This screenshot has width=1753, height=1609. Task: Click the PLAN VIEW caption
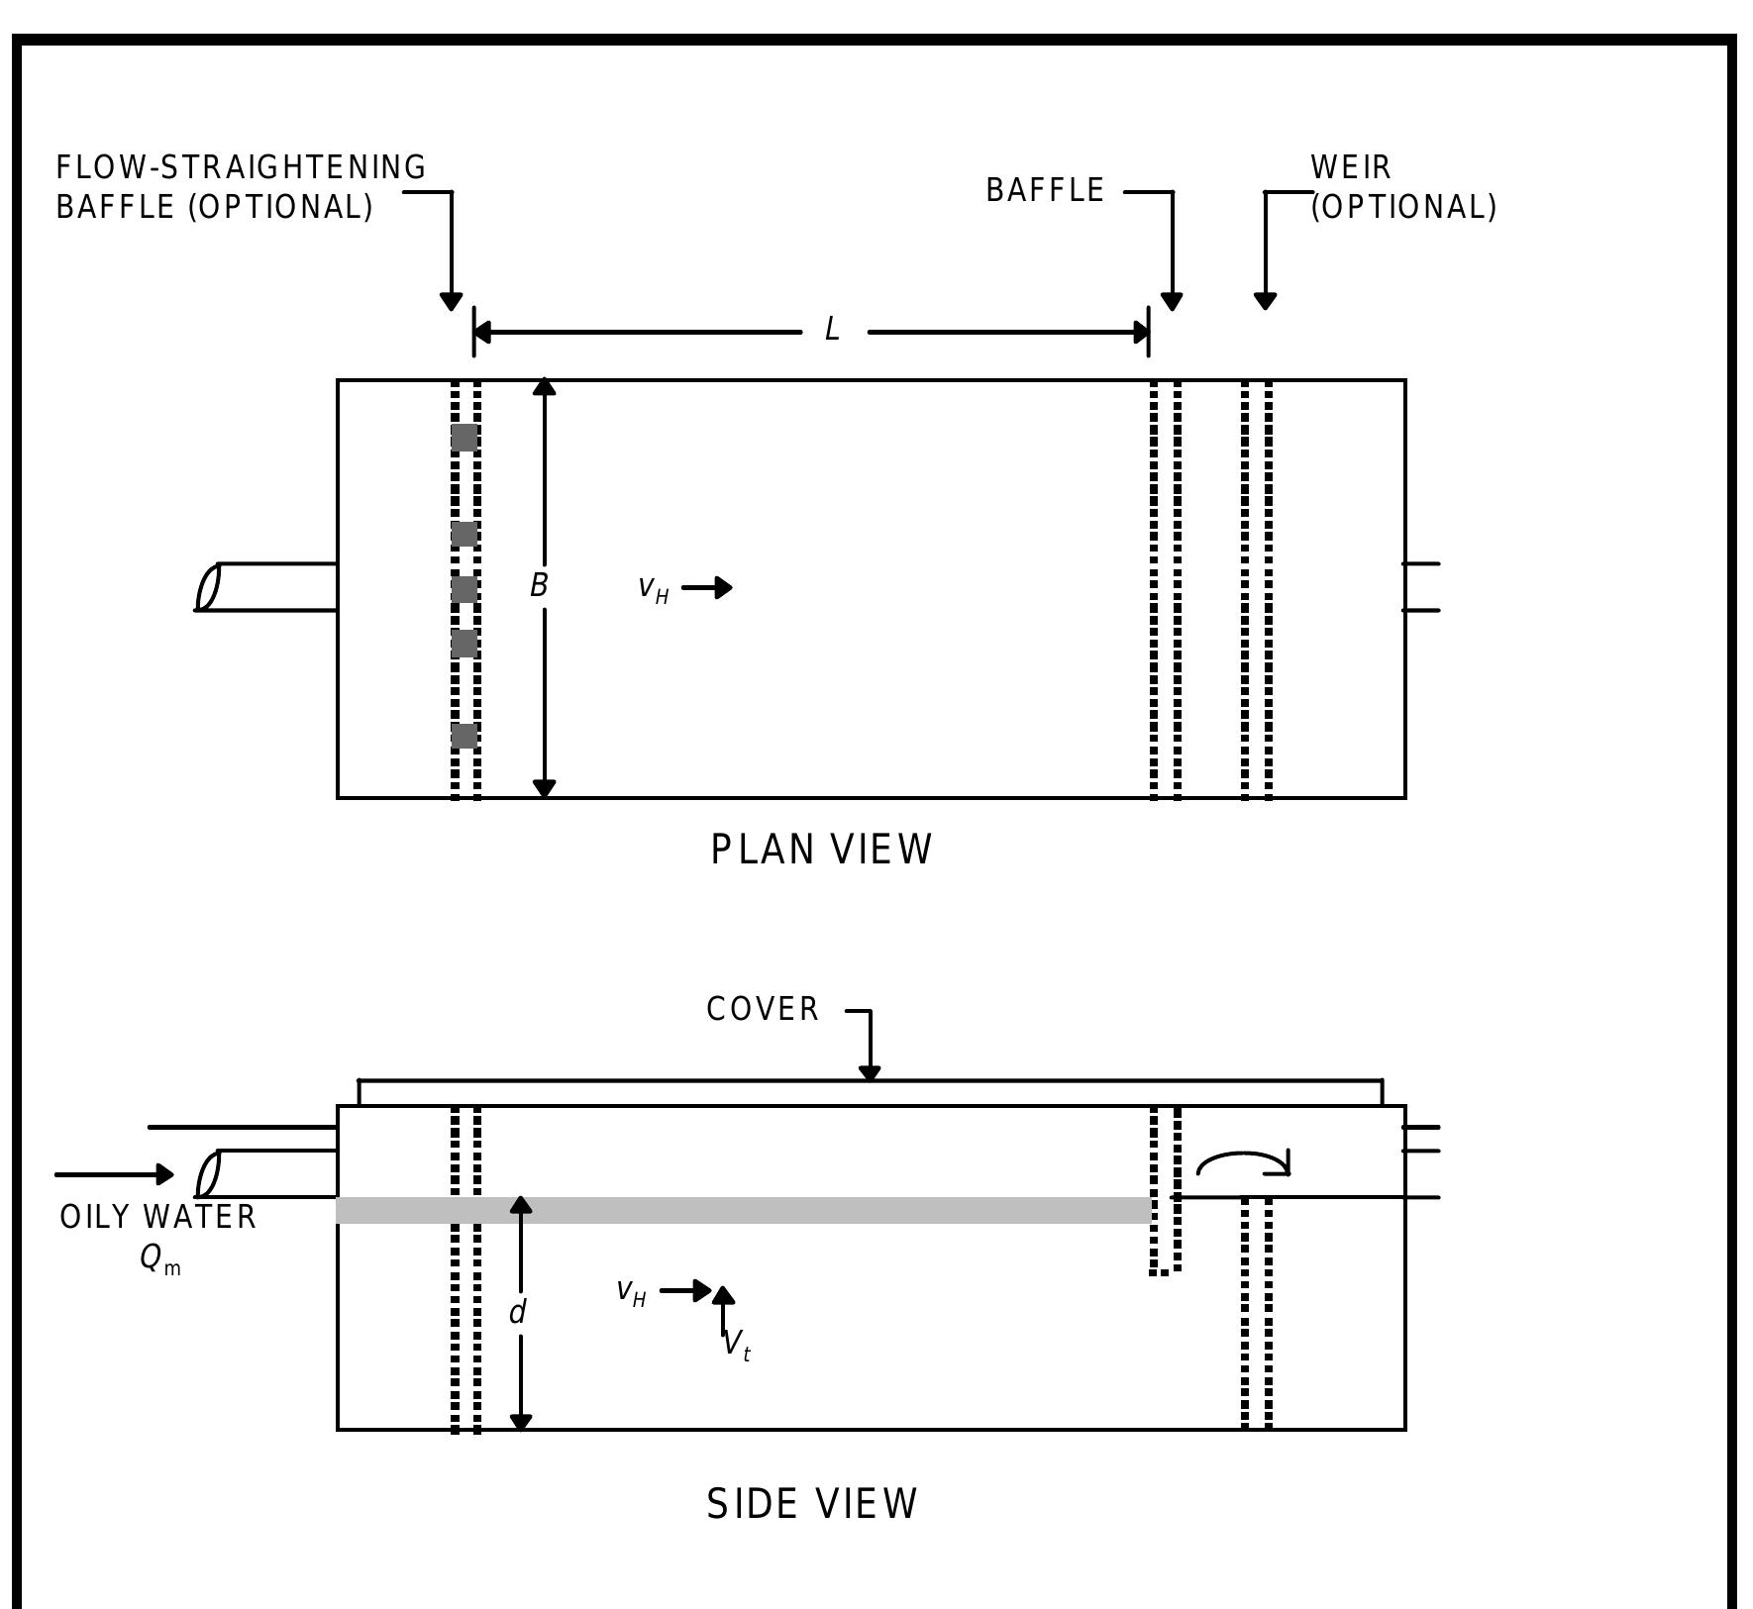coord(821,850)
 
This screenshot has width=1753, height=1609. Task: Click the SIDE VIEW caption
coord(812,1503)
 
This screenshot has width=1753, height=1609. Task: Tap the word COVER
coord(763,1009)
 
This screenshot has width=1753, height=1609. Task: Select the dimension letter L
coord(832,330)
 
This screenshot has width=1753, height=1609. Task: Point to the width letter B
coord(538,586)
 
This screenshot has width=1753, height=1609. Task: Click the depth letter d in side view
coord(517,1313)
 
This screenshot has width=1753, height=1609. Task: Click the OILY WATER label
coord(158,1217)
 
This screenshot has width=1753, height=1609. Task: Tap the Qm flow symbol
coord(159,1258)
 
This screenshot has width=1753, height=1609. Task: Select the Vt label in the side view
coord(737,1345)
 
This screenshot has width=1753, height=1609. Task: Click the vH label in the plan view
coord(653,588)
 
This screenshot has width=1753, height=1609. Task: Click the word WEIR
coord(1351,167)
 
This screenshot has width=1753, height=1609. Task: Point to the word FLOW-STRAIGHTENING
coord(241,167)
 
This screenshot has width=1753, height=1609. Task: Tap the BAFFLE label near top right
coord(1045,190)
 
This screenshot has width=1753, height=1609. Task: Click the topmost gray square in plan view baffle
coord(464,438)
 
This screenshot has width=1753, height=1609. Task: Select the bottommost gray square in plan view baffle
coord(464,736)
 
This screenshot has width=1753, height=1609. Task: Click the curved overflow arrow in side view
coord(1243,1161)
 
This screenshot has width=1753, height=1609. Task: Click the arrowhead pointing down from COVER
coord(870,1072)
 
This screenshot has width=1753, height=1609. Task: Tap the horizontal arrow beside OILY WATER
coord(115,1175)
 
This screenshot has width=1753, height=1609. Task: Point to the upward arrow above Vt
coord(724,1305)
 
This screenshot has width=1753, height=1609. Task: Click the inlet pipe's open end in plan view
coord(207,586)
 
